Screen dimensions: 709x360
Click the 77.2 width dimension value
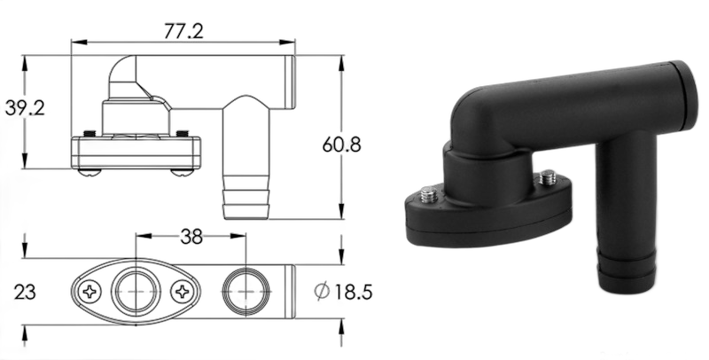tap(183, 31)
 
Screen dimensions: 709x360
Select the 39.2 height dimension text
tap(25, 108)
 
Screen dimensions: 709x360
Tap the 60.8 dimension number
tap(342, 145)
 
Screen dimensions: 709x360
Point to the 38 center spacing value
tap(191, 237)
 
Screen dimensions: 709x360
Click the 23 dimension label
tap(25, 292)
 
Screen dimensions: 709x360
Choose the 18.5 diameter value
tap(353, 292)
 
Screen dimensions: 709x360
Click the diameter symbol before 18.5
tap(322, 291)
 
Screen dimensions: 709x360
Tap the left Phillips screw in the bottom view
tap(90, 292)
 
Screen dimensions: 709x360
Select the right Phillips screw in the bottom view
tap(183, 292)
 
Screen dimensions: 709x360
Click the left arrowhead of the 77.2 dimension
tap(79, 43)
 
